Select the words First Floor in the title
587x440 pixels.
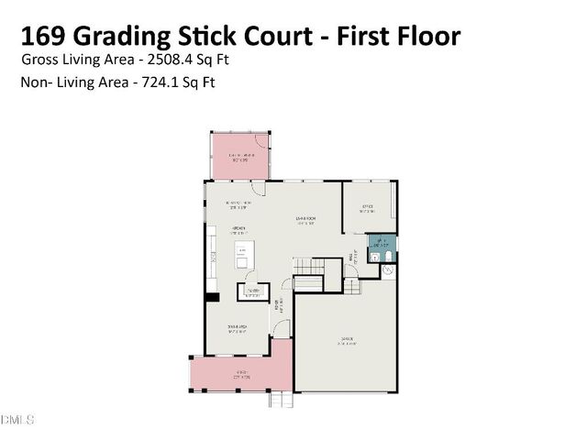click(x=402, y=36)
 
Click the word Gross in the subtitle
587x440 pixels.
click(x=39, y=60)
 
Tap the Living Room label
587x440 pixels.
click(x=305, y=218)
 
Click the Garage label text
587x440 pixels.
click(x=347, y=340)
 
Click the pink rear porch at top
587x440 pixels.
click(x=240, y=155)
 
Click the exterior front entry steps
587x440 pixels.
click(x=279, y=400)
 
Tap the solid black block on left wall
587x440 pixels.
click(x=211, y=296)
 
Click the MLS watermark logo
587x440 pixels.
click(x=17, y=419)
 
